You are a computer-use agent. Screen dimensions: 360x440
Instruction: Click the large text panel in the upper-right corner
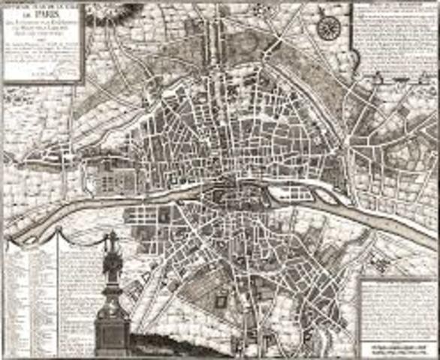pyautogui.click(x=393, y=45)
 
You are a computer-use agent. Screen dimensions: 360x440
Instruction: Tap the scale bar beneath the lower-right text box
pyautogui.click(x=396, y=349)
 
